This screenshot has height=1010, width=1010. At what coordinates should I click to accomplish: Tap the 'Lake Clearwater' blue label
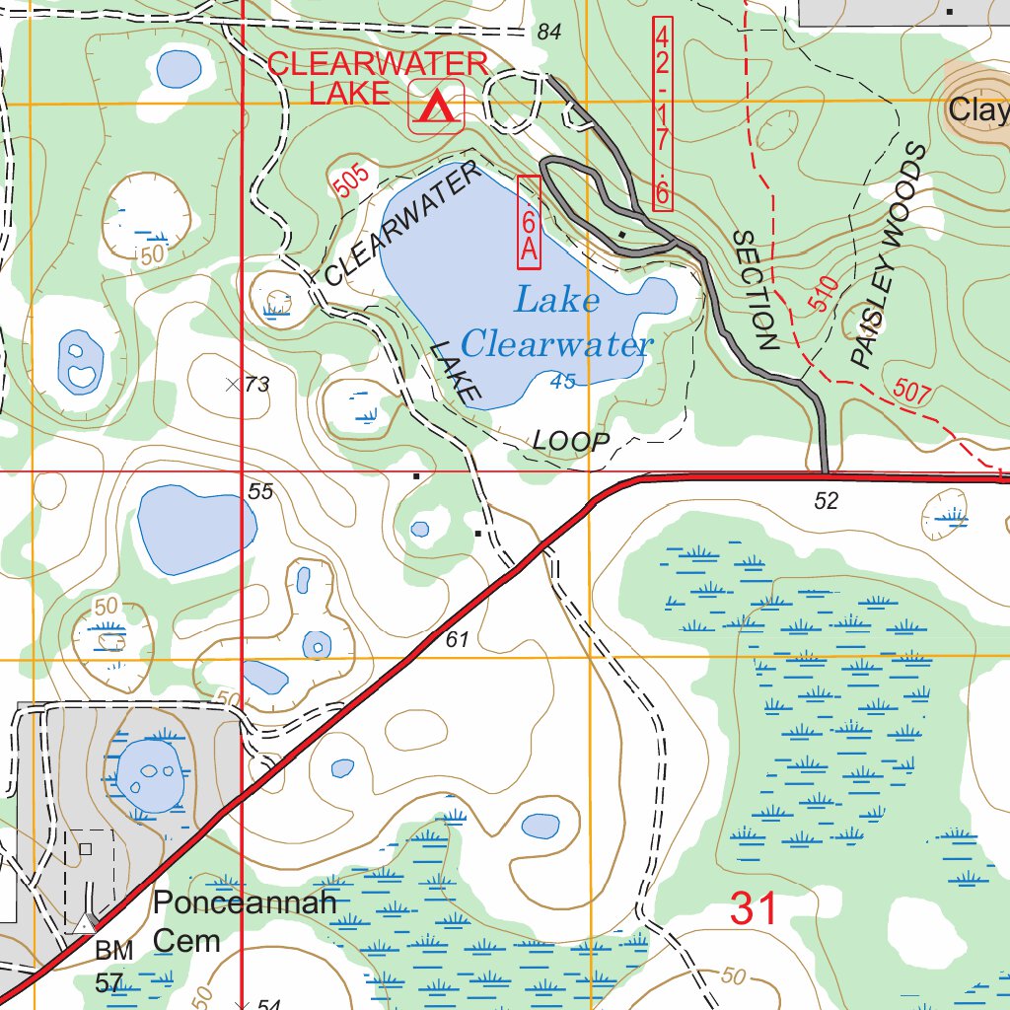click(x=557, y=322)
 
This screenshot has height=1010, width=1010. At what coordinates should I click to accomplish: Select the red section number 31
click(x=755, y=908)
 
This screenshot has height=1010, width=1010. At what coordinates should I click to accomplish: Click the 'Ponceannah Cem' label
click(x=245, y=921)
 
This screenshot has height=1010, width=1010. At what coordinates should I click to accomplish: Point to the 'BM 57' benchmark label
click(x=113, y=967)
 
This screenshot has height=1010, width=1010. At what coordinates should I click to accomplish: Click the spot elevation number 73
click(x=256, y=385)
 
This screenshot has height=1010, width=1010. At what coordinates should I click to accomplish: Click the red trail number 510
click(x=825, y=295)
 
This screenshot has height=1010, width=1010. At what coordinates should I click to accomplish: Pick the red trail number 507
click(x=912, y=391)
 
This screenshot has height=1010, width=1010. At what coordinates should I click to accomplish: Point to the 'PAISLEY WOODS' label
click(x=890, y=256)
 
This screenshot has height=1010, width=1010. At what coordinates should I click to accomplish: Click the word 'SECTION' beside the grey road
click(x=757, y=291)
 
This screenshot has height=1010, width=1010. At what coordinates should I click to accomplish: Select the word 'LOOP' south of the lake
click(x=571, y=442)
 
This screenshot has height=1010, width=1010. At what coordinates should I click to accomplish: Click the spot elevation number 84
click(x=549, y=34)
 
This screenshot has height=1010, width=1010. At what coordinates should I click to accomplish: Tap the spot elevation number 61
click(x=457, y=640)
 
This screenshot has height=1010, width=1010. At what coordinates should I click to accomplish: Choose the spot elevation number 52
click(x=827, y=501)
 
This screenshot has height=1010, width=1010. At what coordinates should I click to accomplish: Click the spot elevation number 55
click(x=260, y=491)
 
